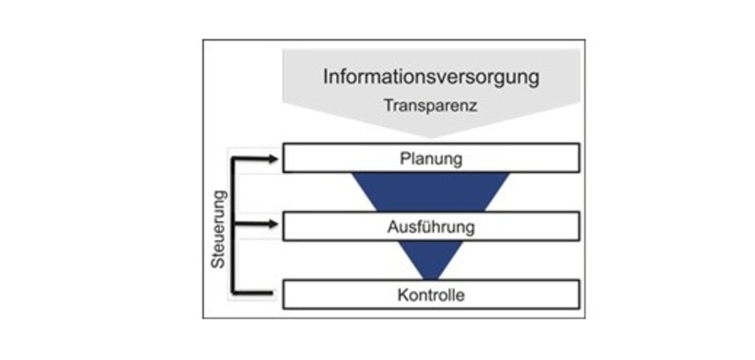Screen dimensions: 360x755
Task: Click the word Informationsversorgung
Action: pyautogui.click(x=430, y=75)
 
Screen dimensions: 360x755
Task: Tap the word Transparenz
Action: pyautogui.click(x=430, y=107)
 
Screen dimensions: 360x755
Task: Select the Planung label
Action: pyautogui.click(x=430, y=158)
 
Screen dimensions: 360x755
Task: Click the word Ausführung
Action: pyautogui.click(x=430, y=226)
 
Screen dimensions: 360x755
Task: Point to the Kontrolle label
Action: pyautogui.click(x=430, y=296)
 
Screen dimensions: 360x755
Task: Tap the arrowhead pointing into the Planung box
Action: pyautogui.click(x=275, y=158)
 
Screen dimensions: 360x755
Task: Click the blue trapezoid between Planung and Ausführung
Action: pyautogui.click(x=430, y=192)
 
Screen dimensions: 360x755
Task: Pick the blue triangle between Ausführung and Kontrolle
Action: pyautogui.click(x=430, y=260)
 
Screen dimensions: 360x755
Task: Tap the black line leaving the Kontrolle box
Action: pyautogui.click(x=258, y=294)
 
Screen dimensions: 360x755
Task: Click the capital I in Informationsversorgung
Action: pyautogui.click(x=325, y=75)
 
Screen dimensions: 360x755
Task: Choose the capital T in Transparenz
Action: pyautogui.click(x=387, y=107)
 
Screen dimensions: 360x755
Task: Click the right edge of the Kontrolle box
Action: pyautogui.click(x=579, y=295)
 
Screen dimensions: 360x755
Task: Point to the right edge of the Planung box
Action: pyautogui.click(x=579, y=157)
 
